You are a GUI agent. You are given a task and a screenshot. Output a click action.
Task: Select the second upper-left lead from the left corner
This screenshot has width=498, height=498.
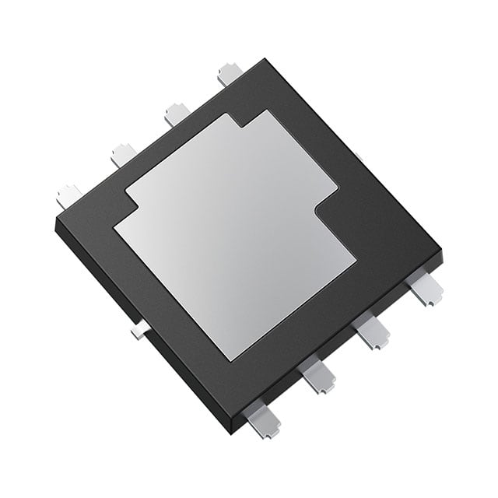pyautogui.click(x=123, y=154)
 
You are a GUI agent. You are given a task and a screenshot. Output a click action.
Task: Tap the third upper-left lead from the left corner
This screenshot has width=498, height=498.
pyautogui.click(x=176, y=114)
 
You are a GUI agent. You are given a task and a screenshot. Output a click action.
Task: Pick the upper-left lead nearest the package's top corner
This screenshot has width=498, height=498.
pyautogui.click(x=230, y=74)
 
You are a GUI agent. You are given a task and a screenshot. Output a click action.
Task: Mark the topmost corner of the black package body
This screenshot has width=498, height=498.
pyautogui.click(x=265, y=59)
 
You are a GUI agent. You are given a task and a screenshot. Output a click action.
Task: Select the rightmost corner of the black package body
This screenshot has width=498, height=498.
pyautogui.click(x=440, y=254)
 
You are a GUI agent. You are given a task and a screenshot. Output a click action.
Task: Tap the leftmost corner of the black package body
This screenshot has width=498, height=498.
pyautogui.click(x=56, y=222)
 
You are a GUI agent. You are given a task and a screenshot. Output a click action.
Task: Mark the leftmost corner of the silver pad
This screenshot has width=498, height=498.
pyautogui.click(x=114, y=226)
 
